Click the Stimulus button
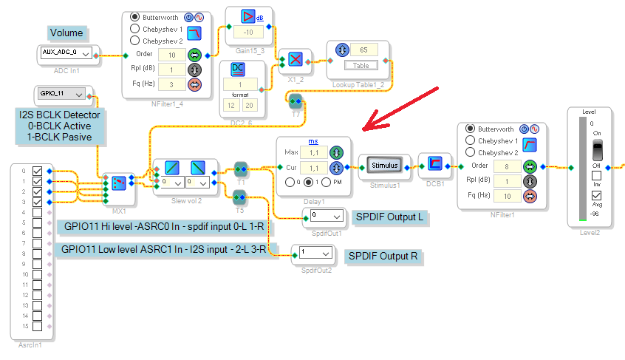(x=383, y=166)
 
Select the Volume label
(x=66, y=33)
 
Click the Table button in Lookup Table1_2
(x=361, y=65)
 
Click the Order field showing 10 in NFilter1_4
(x=171, y=55)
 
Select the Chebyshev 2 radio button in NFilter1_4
(x=135, y=41)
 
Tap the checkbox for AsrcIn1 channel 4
(x=37, y=212)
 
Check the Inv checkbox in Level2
(x=595, y=176)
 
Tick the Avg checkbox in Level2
(x=595, y=195)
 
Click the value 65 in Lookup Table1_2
(x=363, y=50)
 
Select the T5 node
(x=240, y=197)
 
